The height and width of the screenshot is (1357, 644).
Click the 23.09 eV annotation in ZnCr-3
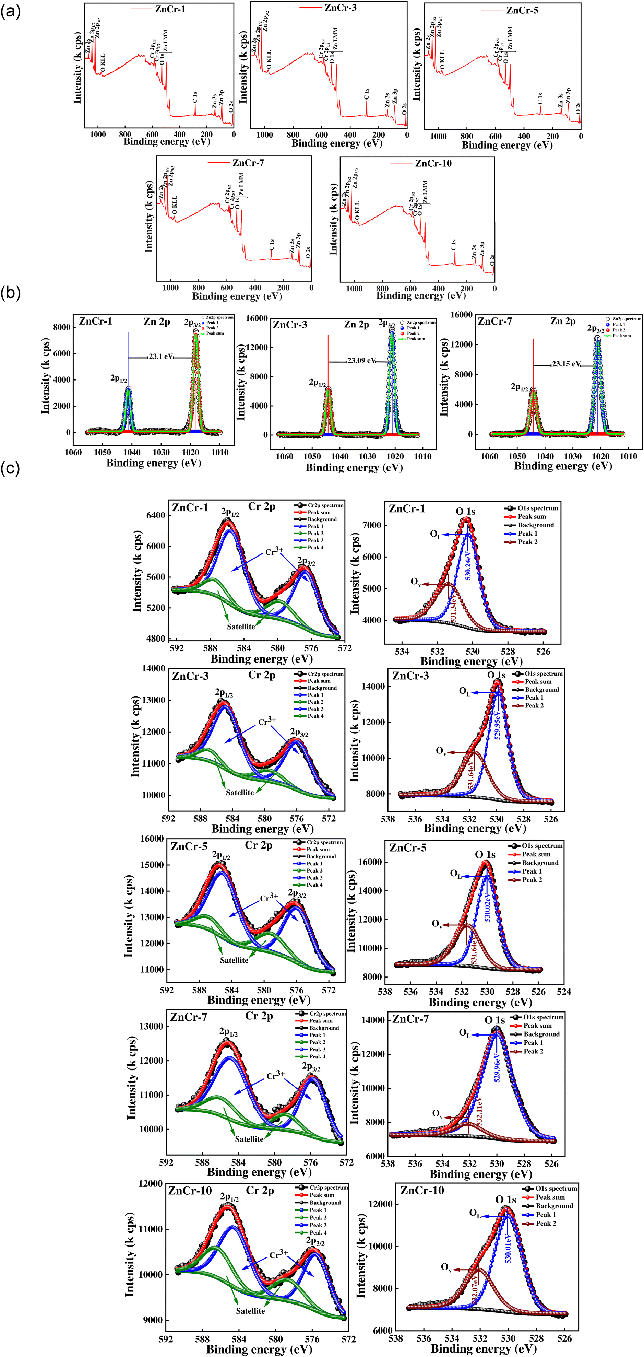361,361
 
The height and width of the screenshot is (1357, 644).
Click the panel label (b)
11,293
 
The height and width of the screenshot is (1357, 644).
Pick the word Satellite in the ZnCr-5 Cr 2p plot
234,960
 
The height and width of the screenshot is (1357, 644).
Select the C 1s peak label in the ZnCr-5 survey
540,98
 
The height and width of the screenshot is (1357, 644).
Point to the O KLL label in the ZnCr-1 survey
102,62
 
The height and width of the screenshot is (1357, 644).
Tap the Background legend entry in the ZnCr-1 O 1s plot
536,525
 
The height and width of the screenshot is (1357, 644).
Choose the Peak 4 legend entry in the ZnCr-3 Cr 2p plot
315,716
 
